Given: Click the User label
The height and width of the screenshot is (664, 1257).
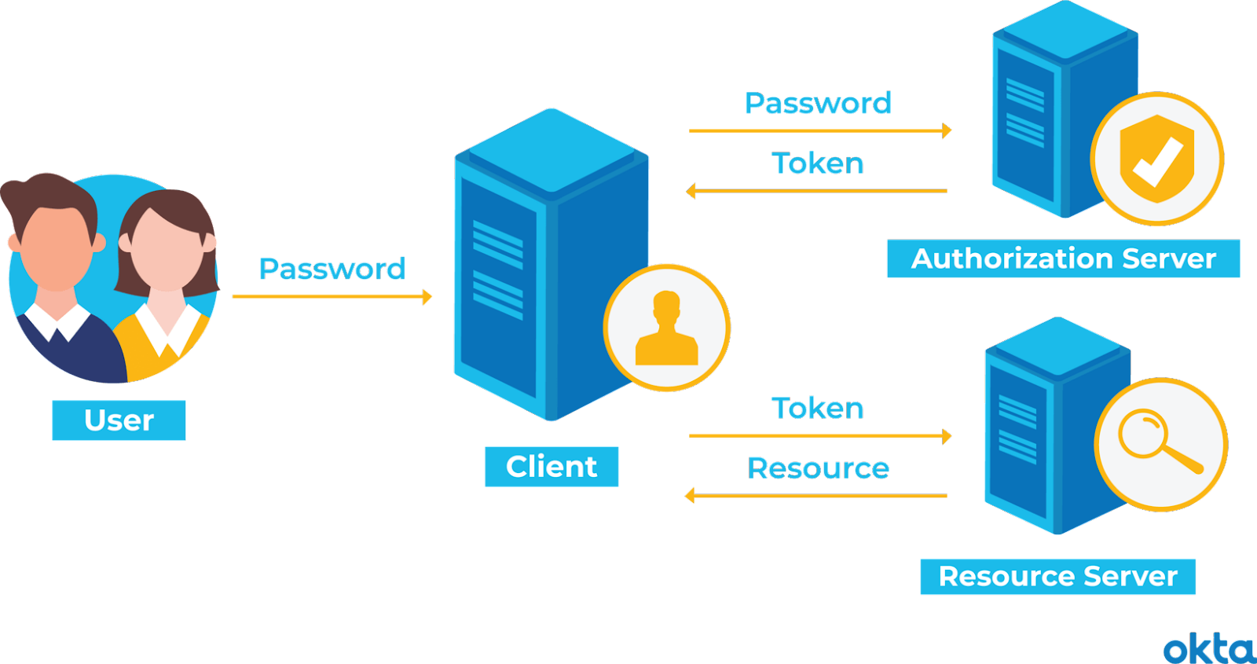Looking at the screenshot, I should (x=119, y=420).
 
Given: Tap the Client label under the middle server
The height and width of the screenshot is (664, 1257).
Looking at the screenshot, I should (x=552, y=467).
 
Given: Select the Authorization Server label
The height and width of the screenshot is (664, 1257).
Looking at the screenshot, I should (x=1063, y=259).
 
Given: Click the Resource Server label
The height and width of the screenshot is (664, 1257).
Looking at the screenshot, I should (x=1057, y=577).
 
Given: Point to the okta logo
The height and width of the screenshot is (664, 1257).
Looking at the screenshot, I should (x=1208, y=649).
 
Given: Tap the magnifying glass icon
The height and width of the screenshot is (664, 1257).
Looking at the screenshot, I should (x=1160, y=444).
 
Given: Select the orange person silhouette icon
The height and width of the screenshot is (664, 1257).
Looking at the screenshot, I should (x=666, y=328).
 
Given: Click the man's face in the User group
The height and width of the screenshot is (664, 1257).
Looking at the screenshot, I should (x=57, y=244).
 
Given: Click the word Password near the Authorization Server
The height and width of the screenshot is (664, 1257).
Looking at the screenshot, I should (x=817, y=105).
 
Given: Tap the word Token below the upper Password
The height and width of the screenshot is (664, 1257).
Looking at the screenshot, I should (x=817, y=163).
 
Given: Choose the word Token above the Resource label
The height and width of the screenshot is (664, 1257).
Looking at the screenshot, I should (x=817, y=409).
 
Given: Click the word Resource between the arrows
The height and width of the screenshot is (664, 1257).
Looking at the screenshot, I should (x=818, y=468).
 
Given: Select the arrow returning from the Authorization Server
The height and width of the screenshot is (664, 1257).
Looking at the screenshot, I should (x=817, y=191).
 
